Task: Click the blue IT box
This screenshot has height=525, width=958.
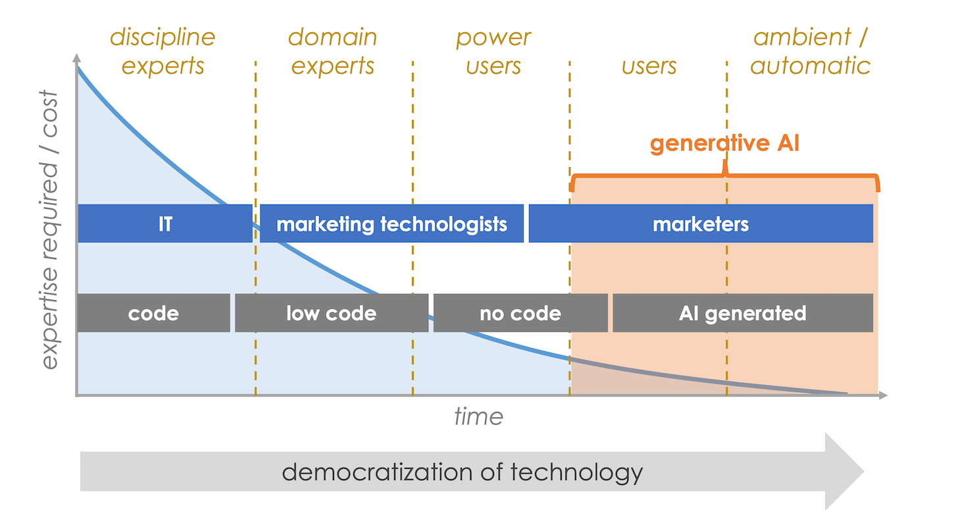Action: (164, 224)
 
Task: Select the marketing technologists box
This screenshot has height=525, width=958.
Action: (391, 224)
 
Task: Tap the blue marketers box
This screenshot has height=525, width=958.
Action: (701, 224)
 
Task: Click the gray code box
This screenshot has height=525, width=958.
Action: (153, 313)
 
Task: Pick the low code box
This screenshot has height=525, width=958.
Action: (331, 313)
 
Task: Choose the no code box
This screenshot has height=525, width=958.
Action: (520, 313)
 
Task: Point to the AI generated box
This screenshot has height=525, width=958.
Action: (742, 313)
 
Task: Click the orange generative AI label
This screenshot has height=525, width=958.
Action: (724, 143)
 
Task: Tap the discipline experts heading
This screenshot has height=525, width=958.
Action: (163, 51)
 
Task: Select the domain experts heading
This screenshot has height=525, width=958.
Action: (333, 51)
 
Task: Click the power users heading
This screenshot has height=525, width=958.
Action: (493, 51)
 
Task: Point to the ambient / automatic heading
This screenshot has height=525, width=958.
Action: (811, 51)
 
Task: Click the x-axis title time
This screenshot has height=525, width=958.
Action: (478, 416)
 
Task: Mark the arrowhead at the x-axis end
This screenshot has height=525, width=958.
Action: (883, 395)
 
